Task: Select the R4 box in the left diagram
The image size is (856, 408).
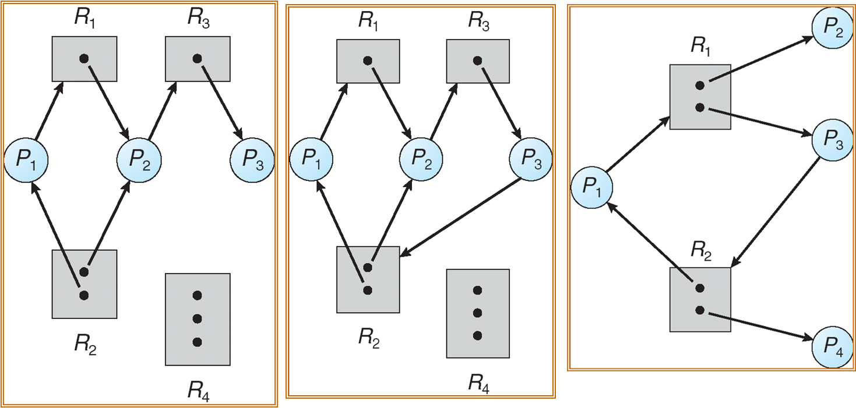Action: click(x=198, y=319)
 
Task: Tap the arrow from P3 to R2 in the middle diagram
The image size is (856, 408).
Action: click(x=460, y=217)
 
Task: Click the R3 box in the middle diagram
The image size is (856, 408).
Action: click(x=478, y=61)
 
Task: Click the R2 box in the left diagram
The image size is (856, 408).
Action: click(x=84, y=284)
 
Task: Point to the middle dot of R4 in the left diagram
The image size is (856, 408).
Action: click(x=198, y=319)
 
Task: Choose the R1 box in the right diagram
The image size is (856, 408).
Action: click(x=700, y=97)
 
